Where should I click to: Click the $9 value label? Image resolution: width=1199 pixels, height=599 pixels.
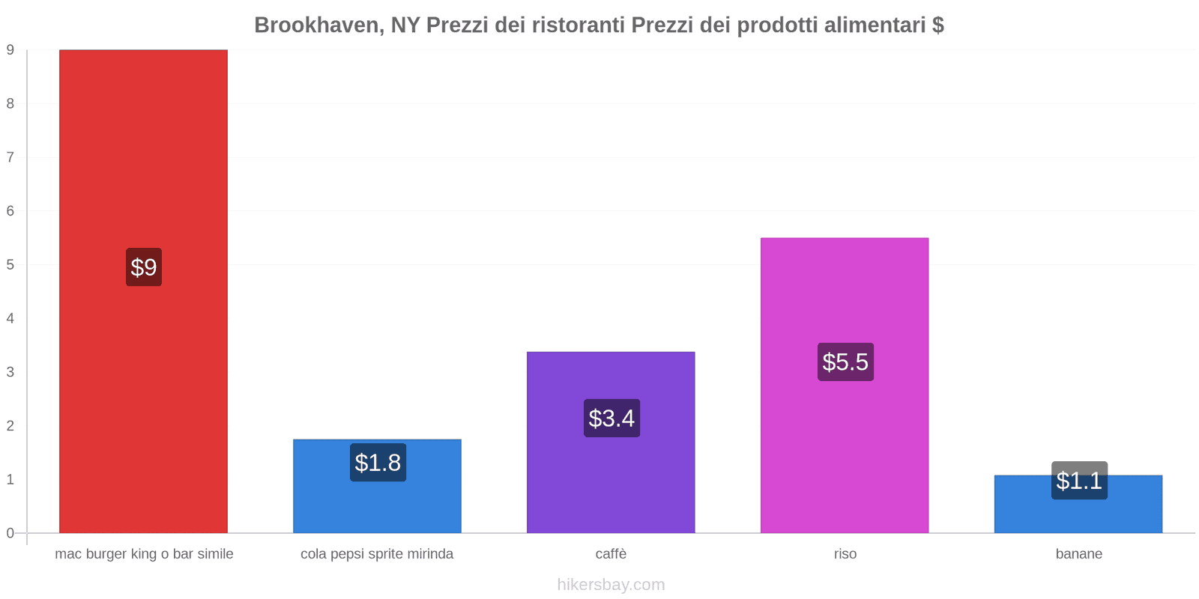(x=143, y=267)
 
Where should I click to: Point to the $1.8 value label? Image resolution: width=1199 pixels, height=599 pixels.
(x=378, y=463)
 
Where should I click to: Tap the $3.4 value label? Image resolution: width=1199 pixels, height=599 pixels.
(x=611, y=419)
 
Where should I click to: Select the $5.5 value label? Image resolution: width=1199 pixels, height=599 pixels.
(x=845, y=362)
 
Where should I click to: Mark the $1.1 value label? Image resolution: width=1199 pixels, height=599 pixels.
(x=1079, y=481)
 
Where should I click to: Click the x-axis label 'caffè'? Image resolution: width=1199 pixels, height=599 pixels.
(x=611, y=554)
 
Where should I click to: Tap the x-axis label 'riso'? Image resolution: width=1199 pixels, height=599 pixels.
(x=845, y=554)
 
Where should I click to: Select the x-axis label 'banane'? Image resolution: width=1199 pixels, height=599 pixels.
(x=1078, y=554)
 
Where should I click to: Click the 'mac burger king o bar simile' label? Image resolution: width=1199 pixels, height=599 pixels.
(x=144, y=554)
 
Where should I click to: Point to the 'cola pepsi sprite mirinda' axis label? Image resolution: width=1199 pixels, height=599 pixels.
(x=377, y=554)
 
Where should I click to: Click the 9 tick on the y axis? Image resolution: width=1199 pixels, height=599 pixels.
(x=10, y=50)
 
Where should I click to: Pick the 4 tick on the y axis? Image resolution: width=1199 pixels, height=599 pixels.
(x=10, y=318)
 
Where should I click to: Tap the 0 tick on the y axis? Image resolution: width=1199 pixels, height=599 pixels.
(x=10, y=533)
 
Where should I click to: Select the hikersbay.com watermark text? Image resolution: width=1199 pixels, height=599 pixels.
(x=611, y=585)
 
